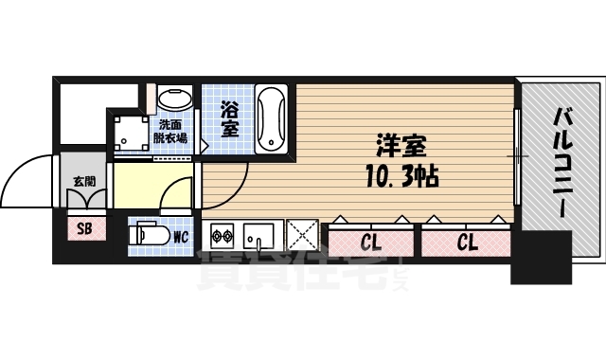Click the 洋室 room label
click(401, 148)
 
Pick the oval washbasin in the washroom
click(174, 99)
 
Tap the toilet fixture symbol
click(151, 232)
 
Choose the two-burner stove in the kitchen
click(223, 233)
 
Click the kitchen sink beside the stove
click(258, 233)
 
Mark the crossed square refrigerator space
click(303, 233)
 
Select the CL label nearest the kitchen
click(371, 242)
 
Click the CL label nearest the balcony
click(467, 242)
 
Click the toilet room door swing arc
click(175, 194)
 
